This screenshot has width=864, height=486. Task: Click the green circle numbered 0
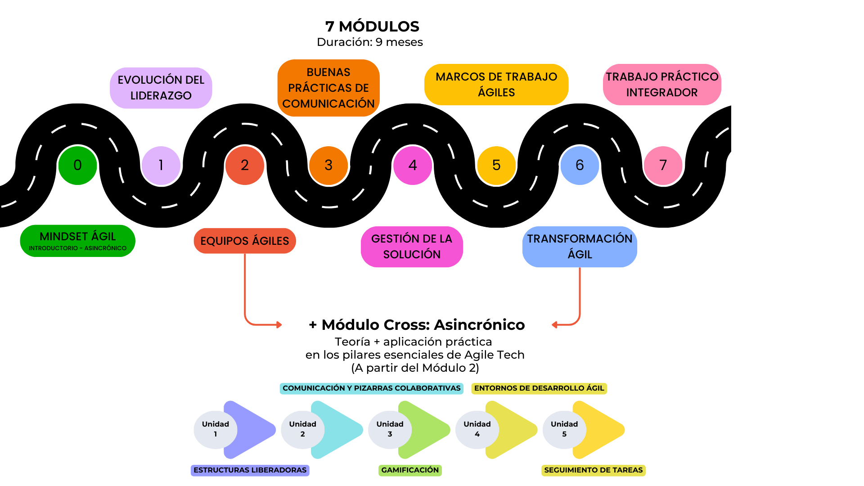point(77,166)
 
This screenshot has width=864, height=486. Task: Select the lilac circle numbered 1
point(161,166)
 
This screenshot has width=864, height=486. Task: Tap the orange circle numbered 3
point(328,166)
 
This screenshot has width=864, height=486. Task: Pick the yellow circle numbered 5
point(496,166)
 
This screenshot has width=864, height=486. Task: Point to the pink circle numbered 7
point(663,166)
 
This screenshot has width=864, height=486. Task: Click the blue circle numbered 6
point(580,166)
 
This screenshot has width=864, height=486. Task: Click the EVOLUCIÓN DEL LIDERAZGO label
point(161,88)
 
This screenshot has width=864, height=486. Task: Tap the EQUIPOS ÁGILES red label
point(245,241)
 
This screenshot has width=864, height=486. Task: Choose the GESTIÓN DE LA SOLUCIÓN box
point(412,247)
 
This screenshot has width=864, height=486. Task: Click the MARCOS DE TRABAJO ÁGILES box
point(496,85)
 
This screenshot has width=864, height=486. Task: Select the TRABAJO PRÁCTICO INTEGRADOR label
point(662,85)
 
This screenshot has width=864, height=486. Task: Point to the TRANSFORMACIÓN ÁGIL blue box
point(580,247)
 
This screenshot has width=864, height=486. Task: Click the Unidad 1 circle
point(215,429)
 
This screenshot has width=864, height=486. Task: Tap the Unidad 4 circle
point(477,429)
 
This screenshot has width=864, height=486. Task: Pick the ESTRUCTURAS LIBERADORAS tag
point(250,470)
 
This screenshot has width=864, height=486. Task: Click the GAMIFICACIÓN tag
point(410,470)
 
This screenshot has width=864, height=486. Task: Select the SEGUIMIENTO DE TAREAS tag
point(593,470)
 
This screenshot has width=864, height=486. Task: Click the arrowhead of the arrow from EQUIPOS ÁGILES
point(279,324)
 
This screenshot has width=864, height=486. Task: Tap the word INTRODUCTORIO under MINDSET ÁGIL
point(53,248)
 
